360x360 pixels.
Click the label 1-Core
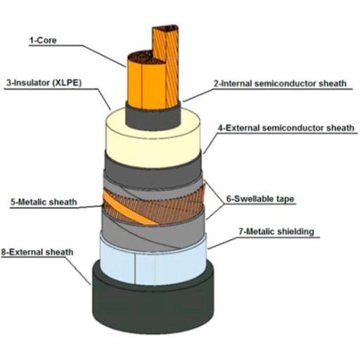43,40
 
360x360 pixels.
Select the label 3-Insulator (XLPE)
44,83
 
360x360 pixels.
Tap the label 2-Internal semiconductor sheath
280,84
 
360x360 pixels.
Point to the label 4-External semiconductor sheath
286,128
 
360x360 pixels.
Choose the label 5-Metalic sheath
44,202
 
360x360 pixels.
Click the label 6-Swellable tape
260,199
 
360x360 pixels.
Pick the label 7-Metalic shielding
276,231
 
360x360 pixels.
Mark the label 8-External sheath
37,252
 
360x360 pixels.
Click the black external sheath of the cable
153,304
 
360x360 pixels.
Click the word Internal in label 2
236,84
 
